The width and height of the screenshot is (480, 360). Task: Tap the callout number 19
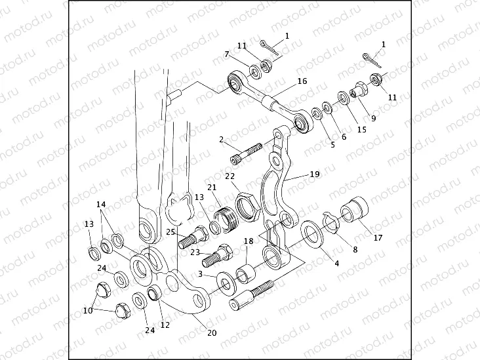pos(314,174)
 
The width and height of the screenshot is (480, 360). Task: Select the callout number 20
pos(211,332)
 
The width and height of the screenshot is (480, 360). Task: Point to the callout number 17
pos(378,237)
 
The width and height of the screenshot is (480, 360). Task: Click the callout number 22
pos(230,176)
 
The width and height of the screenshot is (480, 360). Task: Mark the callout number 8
pos(355,249)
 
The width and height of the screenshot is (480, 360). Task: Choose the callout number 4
pos(336,264)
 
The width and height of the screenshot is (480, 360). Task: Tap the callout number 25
pos(170,231)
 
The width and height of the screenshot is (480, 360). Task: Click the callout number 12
pos(165,325)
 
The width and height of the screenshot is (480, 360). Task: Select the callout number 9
pos(373,118)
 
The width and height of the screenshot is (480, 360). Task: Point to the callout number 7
pos(227,54)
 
